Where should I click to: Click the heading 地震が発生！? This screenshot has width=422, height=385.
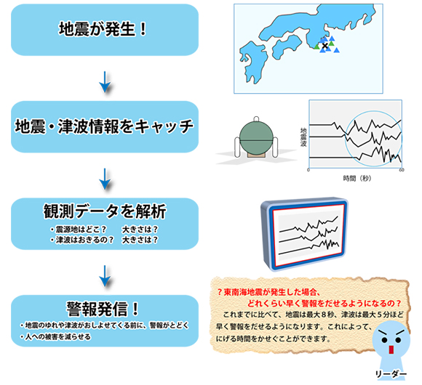103,29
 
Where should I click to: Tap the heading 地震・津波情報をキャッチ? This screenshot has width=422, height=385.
105,126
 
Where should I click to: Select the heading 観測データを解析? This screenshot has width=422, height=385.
105,211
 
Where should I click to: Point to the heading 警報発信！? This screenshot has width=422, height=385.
103,309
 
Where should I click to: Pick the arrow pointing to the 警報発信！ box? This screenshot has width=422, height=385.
105,276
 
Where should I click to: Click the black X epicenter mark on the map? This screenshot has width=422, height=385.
325,46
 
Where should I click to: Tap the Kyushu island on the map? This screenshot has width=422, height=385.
253,62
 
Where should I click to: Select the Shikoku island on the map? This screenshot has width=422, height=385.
287,46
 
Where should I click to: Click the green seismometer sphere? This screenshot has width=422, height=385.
256,138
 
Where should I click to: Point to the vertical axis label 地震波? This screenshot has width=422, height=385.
303,137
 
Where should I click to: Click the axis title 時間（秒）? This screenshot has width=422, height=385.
357,179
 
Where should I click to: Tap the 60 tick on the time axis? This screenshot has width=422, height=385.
402,170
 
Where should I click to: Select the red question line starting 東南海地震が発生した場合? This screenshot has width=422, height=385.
268,292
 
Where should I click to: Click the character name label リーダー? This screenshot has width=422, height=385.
391,374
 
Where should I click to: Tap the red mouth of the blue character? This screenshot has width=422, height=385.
391,350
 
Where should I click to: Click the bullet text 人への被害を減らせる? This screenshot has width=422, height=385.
56,336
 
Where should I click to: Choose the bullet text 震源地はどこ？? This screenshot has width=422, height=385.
79,230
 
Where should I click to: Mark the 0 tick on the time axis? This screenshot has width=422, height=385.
308,170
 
